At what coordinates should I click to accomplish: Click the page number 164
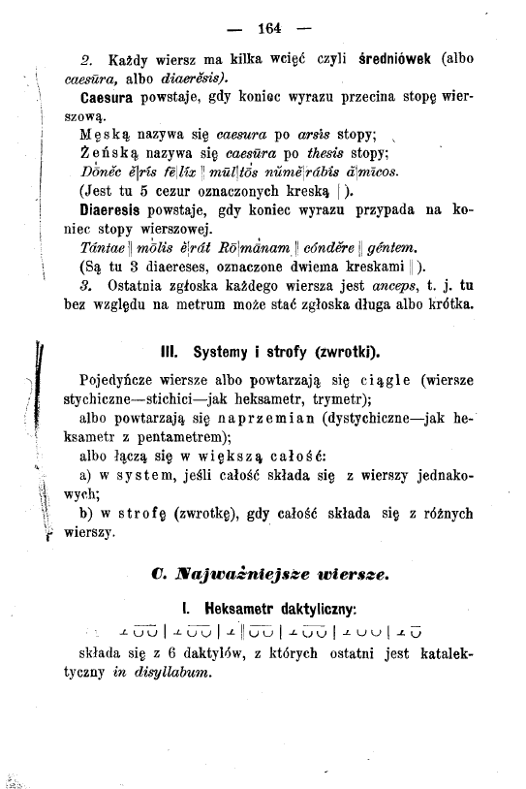(x=263, y=24)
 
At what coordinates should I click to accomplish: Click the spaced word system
(x=143, y=472)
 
